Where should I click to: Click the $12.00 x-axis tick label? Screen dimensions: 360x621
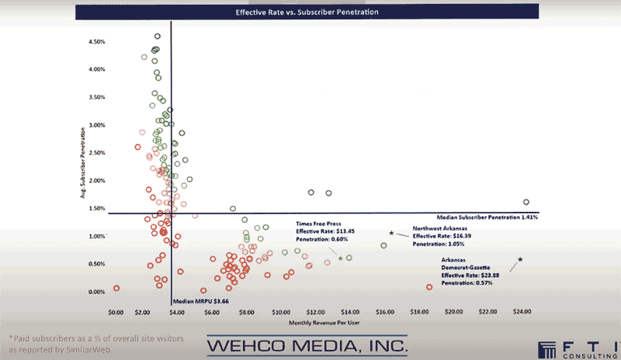(315, 312)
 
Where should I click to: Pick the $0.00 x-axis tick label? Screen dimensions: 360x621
(116, 312)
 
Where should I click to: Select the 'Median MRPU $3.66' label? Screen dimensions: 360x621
(200, 301)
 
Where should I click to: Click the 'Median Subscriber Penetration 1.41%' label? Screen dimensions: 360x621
(496, 217)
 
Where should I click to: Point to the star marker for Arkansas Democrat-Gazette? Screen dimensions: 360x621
(520, 259)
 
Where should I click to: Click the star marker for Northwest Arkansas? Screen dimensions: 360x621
(391, 233)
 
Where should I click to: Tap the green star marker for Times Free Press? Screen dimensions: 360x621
(340, 258)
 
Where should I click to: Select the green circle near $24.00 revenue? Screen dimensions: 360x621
(526, 202)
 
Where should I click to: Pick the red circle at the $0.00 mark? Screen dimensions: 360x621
(116, 288)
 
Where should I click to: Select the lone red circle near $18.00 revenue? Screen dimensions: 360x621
(429, 287)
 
